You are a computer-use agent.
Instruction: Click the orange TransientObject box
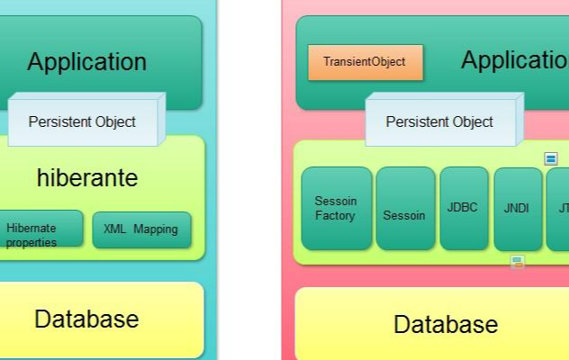[366, 62]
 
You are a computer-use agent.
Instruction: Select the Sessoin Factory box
[337, 208]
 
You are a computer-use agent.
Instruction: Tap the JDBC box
[465, 208]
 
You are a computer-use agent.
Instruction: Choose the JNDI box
[518, 209]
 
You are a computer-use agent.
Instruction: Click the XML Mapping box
[142, 229]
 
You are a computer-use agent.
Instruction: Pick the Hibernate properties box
[41, 229]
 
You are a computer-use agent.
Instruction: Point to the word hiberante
[87, 178]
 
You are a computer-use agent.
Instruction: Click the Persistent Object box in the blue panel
[86, 120]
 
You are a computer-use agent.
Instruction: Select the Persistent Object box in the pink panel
[444, 120]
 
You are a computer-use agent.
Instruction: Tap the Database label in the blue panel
[86, 319]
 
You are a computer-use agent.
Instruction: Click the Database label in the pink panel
[446, 324]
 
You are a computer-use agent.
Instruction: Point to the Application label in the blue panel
[87, 61]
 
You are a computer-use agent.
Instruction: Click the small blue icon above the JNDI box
[551, 158]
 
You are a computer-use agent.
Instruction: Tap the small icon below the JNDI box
[518, 262]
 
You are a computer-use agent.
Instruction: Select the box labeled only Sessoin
[405, 208]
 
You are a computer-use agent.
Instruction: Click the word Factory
[335, 216]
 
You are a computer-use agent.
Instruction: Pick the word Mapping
[156, 229]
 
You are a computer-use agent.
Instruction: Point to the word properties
[32, 243]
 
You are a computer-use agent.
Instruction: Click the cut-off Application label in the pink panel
[515, 60]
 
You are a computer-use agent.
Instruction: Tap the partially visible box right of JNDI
[558, 209]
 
